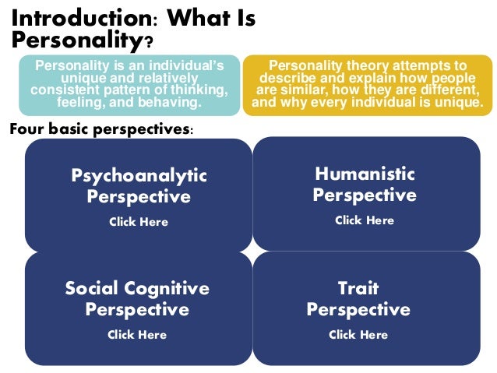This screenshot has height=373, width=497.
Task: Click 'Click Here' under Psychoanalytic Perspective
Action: (139, 222)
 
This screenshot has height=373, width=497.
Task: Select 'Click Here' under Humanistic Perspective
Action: (365, 220)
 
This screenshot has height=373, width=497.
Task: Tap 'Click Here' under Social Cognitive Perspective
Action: (137, 335)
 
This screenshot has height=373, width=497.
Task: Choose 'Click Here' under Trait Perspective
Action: (358, 335)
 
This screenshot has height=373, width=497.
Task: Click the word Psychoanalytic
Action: (139, 176)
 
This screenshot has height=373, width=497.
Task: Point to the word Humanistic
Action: (365, 174)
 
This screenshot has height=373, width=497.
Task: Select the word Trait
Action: (358, 289)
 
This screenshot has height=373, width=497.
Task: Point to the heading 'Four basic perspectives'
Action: (100, 129)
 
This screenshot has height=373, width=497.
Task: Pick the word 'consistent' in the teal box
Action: (62, 90)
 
